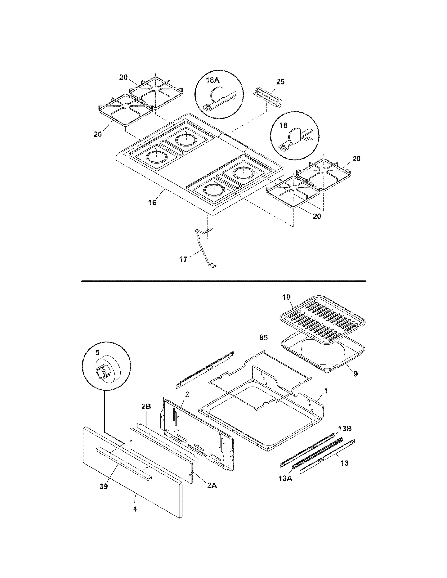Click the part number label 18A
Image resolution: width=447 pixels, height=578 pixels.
213,80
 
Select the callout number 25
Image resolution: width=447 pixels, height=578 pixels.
280,82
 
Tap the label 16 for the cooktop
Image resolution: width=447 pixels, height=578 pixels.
152,203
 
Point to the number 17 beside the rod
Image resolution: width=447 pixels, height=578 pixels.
183,260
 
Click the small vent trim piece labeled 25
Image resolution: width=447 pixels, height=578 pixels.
267,98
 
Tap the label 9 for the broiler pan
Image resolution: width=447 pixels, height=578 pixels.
355,374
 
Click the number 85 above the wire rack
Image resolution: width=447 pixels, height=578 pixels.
263,337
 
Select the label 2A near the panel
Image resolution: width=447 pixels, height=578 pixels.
212,485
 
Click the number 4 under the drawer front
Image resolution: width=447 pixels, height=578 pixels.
135,509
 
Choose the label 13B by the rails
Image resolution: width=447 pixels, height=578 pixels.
345,429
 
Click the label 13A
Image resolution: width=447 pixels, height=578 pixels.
285,478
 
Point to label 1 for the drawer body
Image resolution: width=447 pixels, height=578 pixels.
326,391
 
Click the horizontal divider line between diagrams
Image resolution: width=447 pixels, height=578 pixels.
223,281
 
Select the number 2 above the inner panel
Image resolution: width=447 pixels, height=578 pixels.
187,394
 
